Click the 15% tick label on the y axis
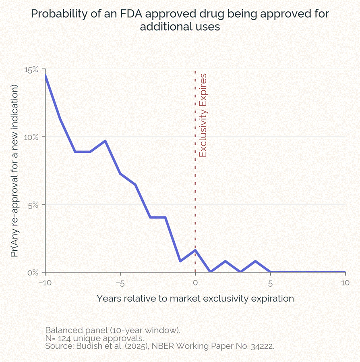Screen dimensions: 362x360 32,69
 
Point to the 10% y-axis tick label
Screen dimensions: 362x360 32,137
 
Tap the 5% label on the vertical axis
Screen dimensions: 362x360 34,204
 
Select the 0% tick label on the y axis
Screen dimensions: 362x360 34,272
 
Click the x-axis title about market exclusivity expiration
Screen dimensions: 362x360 195,299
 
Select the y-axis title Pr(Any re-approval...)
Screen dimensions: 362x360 15,171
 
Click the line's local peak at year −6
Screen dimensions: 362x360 105,141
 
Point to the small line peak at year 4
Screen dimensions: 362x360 255,261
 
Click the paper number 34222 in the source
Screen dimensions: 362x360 261,346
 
